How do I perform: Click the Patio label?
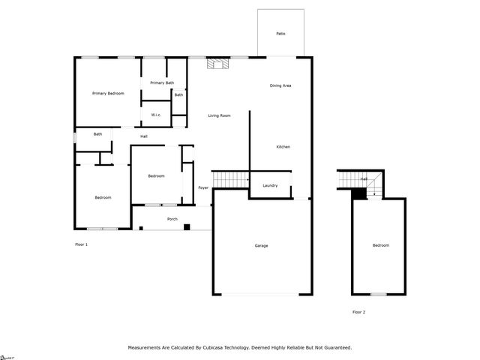[280, 34]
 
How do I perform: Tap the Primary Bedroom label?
[108, 93]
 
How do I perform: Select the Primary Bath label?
[162, 82]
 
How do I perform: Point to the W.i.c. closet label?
[156, 115]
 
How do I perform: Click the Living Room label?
[219, 115]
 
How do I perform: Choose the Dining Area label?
[280, 85]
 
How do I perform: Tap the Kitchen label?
[283, 146]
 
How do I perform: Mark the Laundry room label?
[271, 185]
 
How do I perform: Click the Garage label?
[261, 246]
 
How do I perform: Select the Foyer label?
[203, 187]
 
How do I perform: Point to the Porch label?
[172, 219]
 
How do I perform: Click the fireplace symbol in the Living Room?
[218, 64]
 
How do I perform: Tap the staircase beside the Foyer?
[230, 180]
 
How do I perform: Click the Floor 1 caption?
[82, 244]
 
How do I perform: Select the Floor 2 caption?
[358, 312]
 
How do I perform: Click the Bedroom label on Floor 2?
[381, 245]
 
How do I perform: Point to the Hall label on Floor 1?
[143, 136]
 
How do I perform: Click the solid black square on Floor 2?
[358, 193]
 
